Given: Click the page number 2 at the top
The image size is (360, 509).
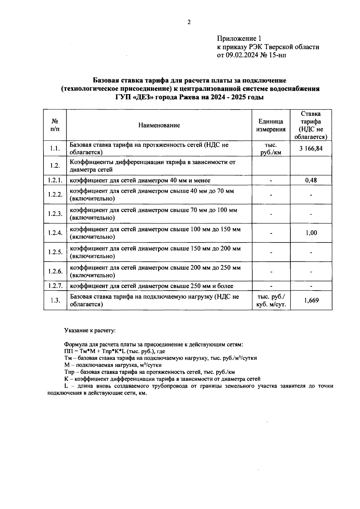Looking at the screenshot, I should coord(189,22).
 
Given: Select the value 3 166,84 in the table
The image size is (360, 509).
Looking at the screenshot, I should coord(311,148).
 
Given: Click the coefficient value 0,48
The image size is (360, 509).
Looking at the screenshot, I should coord(311,180).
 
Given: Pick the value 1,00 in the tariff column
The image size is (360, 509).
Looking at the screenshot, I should coord(311,233).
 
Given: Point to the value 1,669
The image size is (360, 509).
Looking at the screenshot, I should coord(311,300).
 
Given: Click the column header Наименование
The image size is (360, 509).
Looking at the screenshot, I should coord(159,125).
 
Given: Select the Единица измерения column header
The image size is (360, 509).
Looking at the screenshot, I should coord(271,125).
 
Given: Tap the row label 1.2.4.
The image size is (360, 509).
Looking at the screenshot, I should coord(55,233).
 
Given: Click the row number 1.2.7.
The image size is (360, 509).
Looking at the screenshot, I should coord(55,286).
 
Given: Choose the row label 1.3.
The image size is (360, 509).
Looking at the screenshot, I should coord(55,300).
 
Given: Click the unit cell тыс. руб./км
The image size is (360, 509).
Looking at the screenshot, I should coord(271,149).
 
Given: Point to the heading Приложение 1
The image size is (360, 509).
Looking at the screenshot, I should coord(239,38).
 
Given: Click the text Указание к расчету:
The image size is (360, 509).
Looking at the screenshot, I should coord(90,331).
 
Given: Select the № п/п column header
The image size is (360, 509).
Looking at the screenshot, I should coord(55,125).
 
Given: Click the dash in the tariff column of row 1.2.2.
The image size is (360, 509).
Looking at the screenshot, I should coord(311,195).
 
